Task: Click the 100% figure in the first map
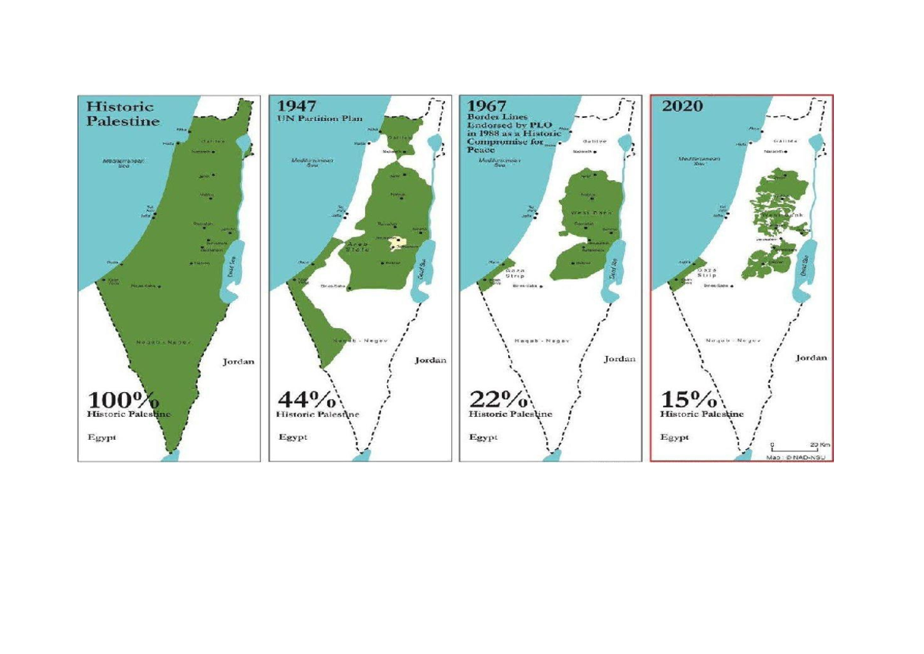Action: [124, 401]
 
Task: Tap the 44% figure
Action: [306, 400]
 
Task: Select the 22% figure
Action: [497, 400]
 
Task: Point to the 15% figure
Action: [688, 400]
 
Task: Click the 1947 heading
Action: [296, 106]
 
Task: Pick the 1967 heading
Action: [487, 106]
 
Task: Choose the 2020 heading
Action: [681, 106]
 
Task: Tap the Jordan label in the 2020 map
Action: [811, 357]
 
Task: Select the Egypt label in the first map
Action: [98, 437]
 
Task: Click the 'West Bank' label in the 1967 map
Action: [591, 212]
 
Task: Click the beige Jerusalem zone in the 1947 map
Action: [397, 243]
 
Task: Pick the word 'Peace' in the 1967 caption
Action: [481, 149]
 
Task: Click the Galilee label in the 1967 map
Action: [594, 142]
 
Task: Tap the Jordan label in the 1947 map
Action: [430, 360]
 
